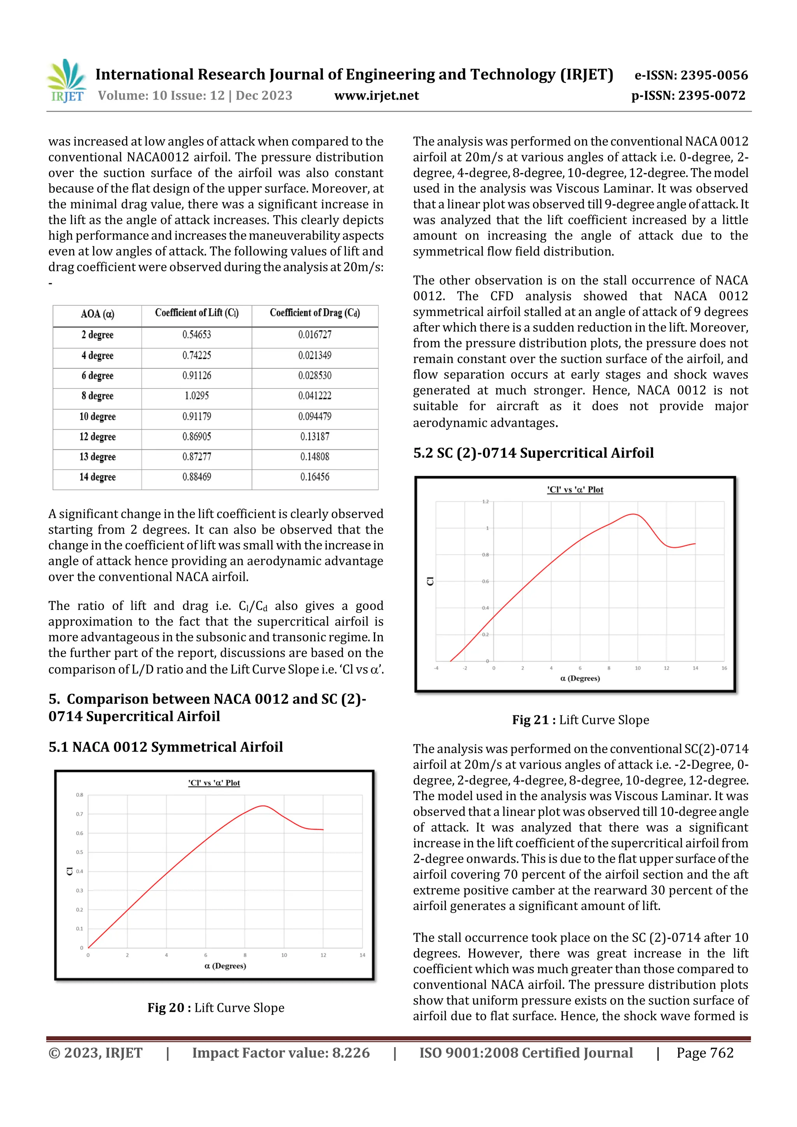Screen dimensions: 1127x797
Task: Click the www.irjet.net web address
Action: pos(376,96)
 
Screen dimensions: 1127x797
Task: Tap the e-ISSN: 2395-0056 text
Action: pos(691,75)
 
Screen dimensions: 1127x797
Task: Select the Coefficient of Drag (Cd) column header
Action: pos(315,313)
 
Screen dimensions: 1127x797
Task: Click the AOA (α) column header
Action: pos(97,314)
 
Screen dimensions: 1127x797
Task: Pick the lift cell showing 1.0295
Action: pos(197,396)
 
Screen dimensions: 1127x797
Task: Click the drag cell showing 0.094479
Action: pos(315,416)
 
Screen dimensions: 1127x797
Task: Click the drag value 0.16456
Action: pos(315,477)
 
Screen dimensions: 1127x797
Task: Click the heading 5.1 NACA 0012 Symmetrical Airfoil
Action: pos(165,747)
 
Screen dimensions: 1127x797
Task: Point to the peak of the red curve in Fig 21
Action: pos(634,514)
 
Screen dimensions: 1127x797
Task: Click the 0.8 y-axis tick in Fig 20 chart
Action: pos(79,795)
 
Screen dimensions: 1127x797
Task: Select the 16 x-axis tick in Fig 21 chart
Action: pos(724,668)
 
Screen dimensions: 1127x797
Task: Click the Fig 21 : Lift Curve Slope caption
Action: pos(581,720)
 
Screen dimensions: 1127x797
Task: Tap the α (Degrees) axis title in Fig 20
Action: pos(225,966)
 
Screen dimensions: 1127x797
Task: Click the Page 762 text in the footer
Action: pos(705,1052)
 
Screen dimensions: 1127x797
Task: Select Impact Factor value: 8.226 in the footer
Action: pos(281,1052)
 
